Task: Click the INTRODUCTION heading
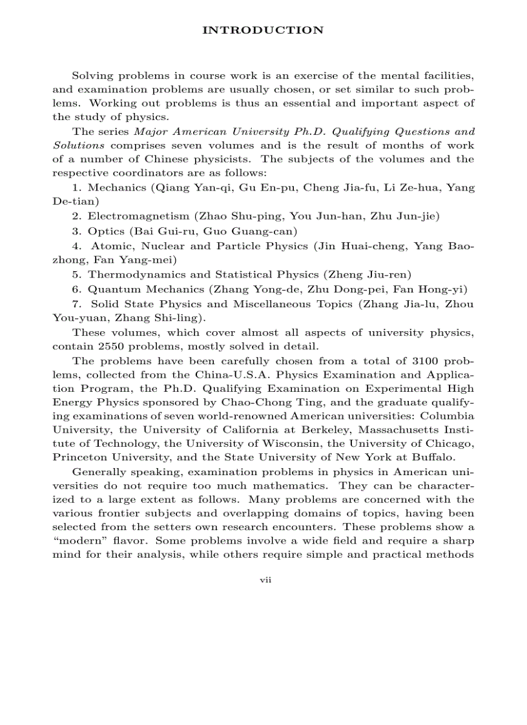point(263,30)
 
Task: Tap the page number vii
point(265,580)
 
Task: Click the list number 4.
point(76,245)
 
